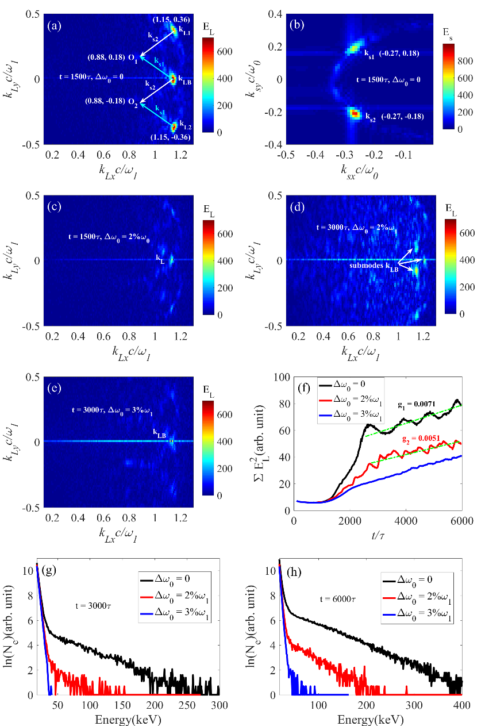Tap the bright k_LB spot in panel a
[x=172, y=79]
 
